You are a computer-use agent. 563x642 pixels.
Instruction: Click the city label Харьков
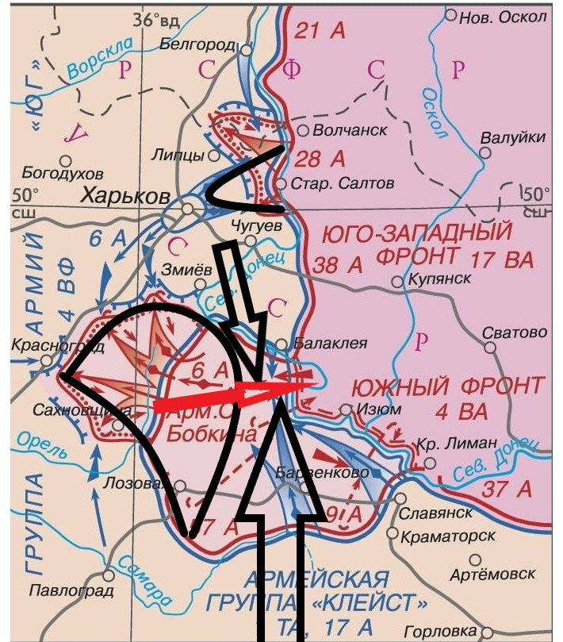(126, 195)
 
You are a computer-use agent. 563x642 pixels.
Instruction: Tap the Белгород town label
(197, 44)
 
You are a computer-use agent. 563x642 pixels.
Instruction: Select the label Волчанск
(350, 129)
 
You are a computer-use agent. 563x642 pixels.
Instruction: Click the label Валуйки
(513, 137)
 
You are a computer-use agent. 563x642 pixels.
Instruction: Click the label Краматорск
(446, 536)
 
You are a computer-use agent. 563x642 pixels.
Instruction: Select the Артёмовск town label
(492, 572)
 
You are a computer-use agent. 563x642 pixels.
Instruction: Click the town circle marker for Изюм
(346, 409)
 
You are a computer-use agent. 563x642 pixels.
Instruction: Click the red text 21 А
(320, 32)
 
